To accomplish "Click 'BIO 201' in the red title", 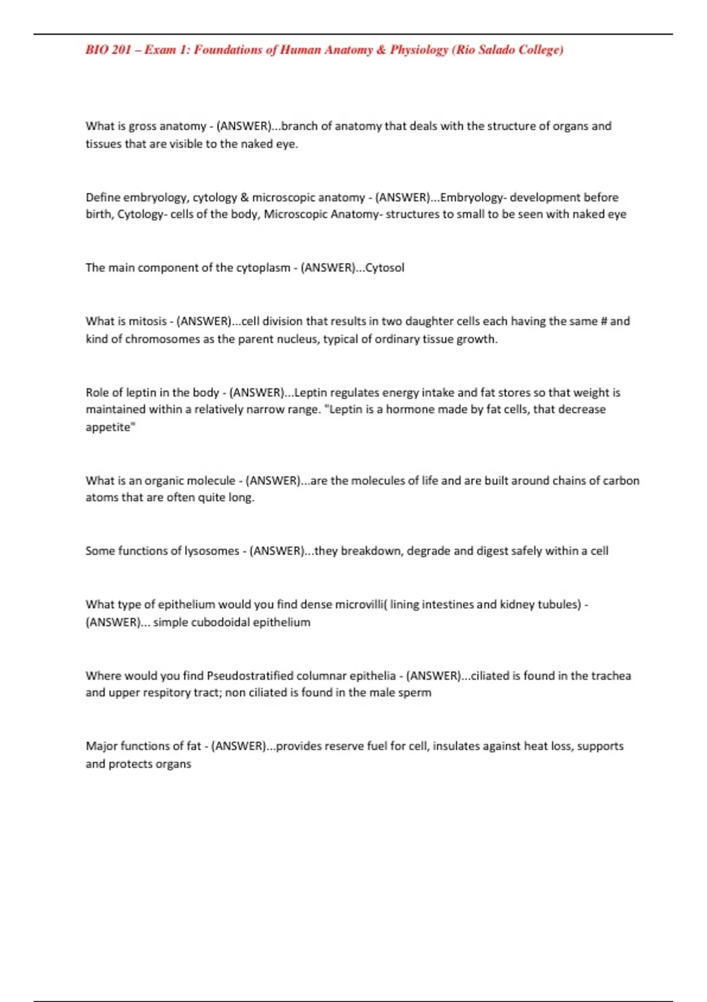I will click(108, 50).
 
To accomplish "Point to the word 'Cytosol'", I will click(385, 268).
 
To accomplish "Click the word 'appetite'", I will click(108, 427).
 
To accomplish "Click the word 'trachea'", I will click(611, 675).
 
